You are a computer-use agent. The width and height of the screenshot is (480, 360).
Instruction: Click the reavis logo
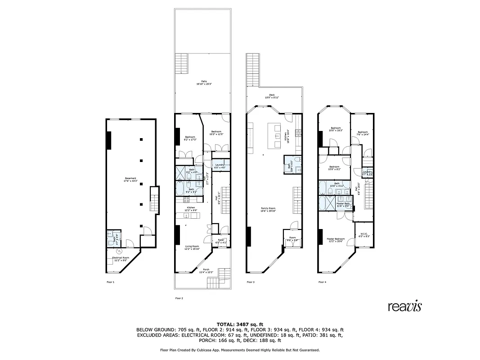(405, 306)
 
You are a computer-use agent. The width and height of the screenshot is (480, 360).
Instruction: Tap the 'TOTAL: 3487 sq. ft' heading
(240, 324)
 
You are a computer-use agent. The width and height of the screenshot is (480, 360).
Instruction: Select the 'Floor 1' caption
(110, 282)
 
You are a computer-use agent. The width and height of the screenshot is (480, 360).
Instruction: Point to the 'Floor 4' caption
(322, 282)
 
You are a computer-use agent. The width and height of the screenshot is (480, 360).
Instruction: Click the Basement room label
(130, 180)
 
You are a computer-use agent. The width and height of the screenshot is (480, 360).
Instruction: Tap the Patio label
(204, 82)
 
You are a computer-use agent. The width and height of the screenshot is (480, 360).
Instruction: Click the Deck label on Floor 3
(272, 96)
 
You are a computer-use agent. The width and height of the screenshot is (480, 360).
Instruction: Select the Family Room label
(269, 209)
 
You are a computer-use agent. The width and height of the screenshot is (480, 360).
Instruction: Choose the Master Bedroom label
(336, 240)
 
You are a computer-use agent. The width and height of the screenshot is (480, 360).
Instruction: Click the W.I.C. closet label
(364, 234)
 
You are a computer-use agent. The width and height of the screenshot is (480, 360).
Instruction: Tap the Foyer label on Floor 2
(221, 241)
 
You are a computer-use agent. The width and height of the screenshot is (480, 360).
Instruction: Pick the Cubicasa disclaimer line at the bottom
(240, 350)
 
